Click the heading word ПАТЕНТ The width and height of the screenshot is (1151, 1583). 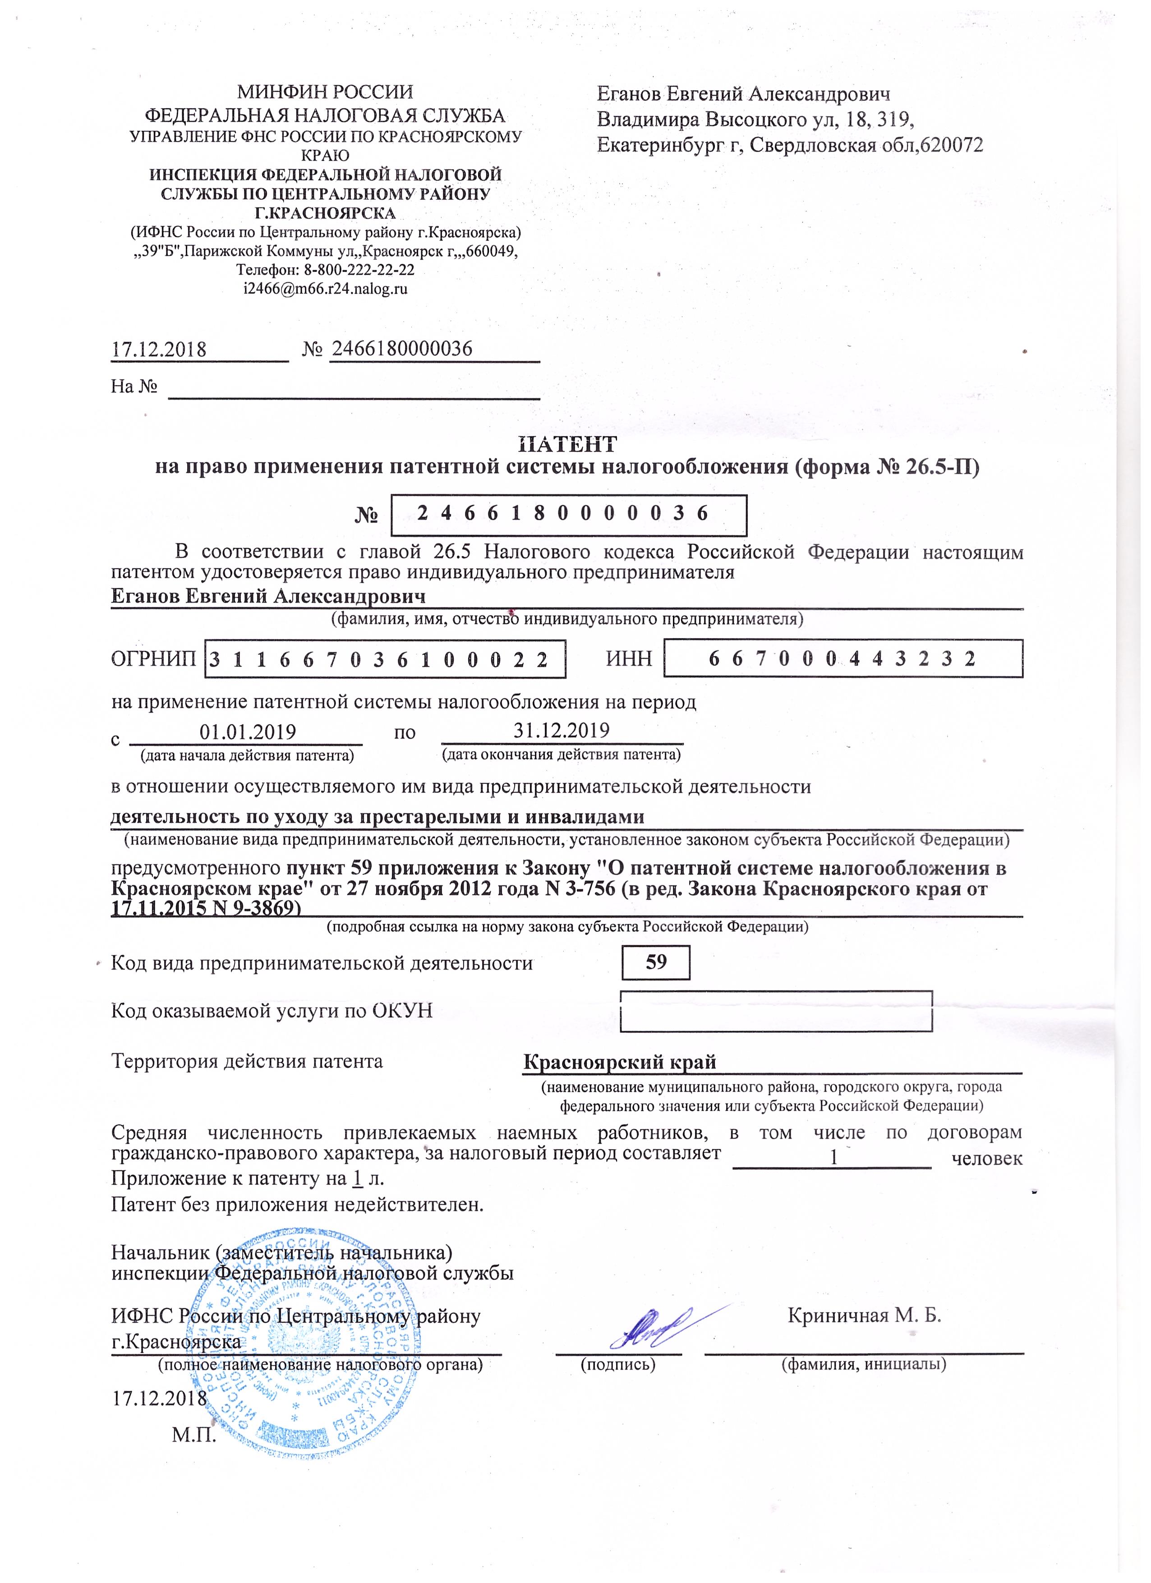click(567, 444)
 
